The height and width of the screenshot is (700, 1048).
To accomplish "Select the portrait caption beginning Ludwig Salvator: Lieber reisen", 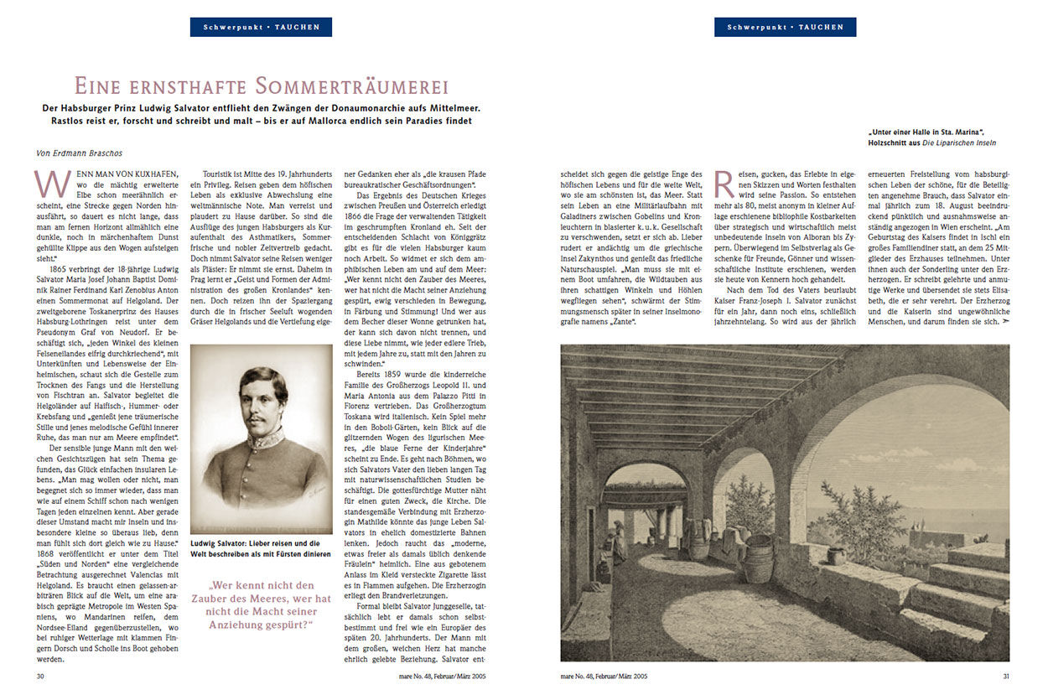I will pyautogui.click(x=260, y=548).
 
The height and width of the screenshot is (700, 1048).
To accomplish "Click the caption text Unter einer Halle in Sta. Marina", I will pyautogui.click(x=927, y=132).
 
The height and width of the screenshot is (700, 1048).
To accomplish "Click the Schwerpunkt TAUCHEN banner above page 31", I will pyautogui.click(x=785, y=27).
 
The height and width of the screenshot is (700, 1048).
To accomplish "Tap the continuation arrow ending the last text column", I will pyautogui.click(x=1005, y=322).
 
